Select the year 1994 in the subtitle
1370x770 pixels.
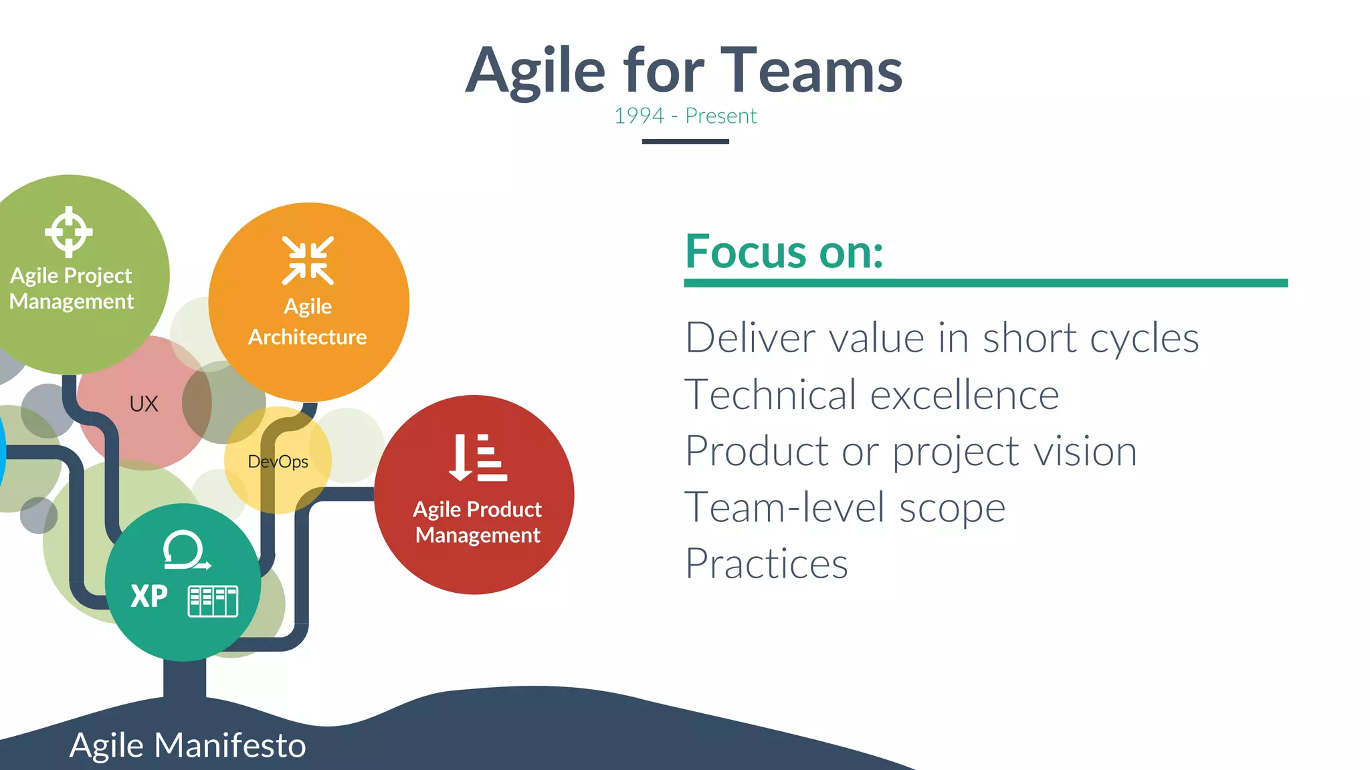[x=639, y=116]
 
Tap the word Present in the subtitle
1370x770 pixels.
[x=720, y=116]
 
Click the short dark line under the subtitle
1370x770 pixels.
[x=685, y=141]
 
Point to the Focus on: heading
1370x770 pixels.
[x=784, y=252]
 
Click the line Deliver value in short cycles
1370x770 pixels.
[x=942, y=338]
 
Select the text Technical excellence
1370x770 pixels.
[x=872, y=394]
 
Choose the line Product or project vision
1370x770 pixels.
[x=910, y=451]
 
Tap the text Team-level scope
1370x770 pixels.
[x=845, y=507]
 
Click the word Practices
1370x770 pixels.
[x=767, y=563]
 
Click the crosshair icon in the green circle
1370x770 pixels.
[x=68, y=232]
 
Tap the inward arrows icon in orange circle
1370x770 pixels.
[x=308, y=261]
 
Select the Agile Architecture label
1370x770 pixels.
[x=308, y=322]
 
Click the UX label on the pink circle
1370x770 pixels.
[x=144, y=404]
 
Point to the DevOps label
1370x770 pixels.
[x=278, y=461]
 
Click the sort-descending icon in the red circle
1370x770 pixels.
[x=478, y=458]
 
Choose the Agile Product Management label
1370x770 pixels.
[x=477, y=522]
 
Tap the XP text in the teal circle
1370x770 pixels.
[x=149, y=596]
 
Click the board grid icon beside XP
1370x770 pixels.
[x=213, y=601]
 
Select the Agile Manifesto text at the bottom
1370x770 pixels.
[x=187, y=745]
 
